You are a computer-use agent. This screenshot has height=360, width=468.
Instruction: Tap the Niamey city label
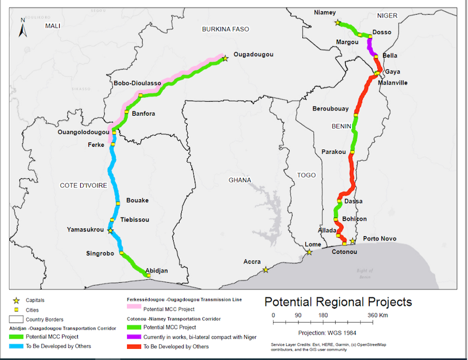pyautogui.click(x=325, y=12)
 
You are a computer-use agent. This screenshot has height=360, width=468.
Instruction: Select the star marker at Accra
pyautogui.click(x=266, y=269)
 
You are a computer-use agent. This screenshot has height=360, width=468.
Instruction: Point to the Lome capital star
pyautogui.click(x=309, y=252)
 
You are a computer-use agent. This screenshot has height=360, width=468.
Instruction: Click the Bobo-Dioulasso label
pyautogui.click(x=137, y=84)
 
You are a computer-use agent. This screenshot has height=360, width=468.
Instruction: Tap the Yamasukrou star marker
pyautogui.click(x=110, y=231)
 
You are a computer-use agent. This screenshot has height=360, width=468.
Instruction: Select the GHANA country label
pyautogui.click(x=240, y=179)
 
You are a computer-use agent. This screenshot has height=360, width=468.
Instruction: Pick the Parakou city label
pyautogui.click(x=334, y=152)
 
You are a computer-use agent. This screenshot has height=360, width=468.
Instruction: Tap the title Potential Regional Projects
pyautogui.click(x=338, y=302)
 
